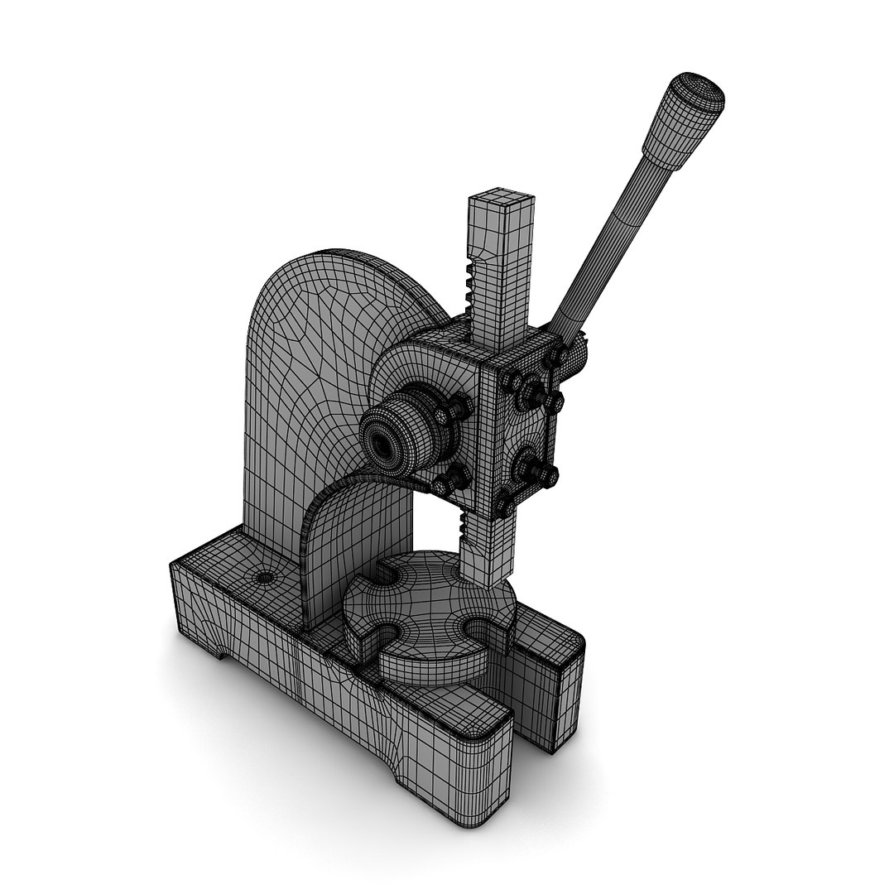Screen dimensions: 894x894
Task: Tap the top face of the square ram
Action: click(500, 199)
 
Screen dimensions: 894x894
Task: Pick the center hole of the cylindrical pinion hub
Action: click(382, 445)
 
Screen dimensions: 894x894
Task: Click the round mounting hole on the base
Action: click(265, 577)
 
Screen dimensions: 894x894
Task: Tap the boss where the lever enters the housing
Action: click(574, 351)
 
